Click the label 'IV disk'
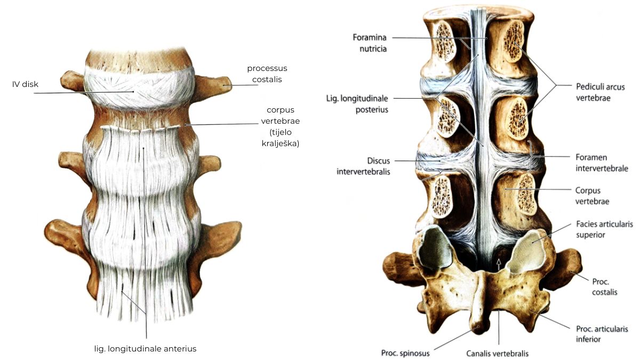click(25, 84)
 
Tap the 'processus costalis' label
click(267, 74)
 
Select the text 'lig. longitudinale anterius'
click(146, 349)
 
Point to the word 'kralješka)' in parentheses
click(281, 143)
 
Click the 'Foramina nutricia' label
click(370, 43)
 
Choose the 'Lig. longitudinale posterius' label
click(357, 104)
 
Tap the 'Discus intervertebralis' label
click(363, 166)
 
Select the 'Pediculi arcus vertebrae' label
click(601, 92)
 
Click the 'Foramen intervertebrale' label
click(602, 163)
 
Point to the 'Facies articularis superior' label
click(605, 229)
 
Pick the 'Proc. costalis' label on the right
click(605, 287)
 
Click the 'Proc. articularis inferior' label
click(602, 334)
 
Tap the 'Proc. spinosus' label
click(405, 353)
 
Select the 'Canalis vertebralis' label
click(498, 354)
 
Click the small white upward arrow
click(499, 265)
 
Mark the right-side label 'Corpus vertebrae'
click(592, 196)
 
